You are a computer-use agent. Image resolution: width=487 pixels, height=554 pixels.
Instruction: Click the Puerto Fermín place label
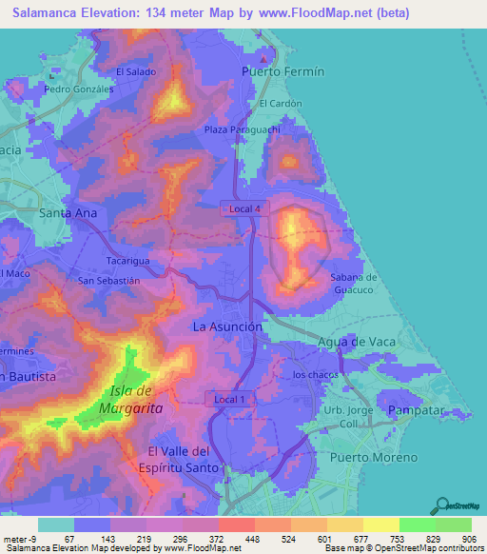[x=283, y=71]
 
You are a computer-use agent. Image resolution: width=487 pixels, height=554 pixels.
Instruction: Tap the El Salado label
[x=135, y=70]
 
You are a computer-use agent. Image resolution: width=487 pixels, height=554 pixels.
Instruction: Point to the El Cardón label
[x=281, y=104]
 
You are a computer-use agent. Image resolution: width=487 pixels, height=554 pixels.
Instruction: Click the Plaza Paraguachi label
[x=239, y=129]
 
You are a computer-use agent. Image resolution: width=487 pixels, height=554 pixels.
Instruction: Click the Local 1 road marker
[x=229, y=399]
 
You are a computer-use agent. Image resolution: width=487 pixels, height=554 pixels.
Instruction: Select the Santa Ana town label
[x=68, y=213]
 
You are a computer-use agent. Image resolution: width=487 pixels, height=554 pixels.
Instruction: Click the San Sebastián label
[x=109, y=281]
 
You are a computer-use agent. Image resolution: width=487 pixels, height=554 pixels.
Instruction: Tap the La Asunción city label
[x=227, y=326]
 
